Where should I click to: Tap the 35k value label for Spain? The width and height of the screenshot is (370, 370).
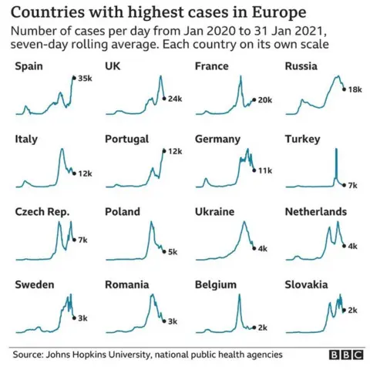click(x=84, y=79)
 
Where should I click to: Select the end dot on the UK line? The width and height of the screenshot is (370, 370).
click(x=164, y=99)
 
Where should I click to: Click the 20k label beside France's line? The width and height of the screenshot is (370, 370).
click(x=264, y=100)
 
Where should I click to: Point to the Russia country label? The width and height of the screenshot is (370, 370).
click(x=301, y=67)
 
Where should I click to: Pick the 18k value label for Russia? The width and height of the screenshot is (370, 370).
click(x=355, y=90)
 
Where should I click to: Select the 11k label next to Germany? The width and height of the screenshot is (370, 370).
click(x=266, y=170)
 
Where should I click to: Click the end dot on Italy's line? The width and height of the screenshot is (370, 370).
click(x=73, y=173)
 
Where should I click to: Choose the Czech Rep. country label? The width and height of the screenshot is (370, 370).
click(x=42, y=212)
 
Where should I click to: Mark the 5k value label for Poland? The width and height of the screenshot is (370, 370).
click(x=173, y=252)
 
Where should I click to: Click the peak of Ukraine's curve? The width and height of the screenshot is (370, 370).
click(x=243, y=223)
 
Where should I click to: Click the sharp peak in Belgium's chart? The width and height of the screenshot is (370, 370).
click(x=239, y=296)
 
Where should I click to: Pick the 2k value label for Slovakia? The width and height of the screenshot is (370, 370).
click(x=352, y=310)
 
